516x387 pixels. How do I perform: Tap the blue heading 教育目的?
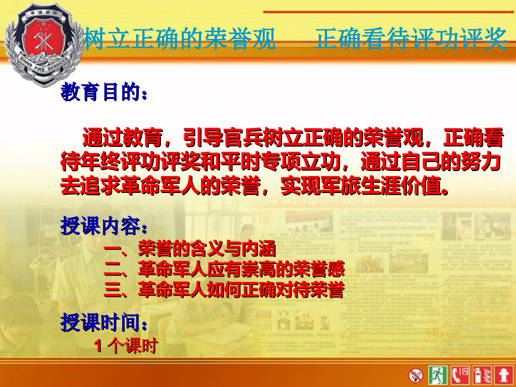(103, 92)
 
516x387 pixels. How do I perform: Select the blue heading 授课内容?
(103, 226)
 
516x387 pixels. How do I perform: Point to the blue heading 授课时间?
(103, 322)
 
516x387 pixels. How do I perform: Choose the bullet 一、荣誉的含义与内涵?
(190, 249)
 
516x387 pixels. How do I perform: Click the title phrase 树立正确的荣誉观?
(179, 39)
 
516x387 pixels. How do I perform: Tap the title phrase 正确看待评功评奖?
(410, 39)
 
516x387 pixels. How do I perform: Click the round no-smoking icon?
(415, 375)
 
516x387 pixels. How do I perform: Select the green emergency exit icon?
(438, 375)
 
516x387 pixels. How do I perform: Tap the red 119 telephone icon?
(460, 375)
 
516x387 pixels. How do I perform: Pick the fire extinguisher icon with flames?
(482, 375)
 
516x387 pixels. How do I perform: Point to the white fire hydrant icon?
(504, 375)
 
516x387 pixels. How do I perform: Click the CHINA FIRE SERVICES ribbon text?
(44, 66)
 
